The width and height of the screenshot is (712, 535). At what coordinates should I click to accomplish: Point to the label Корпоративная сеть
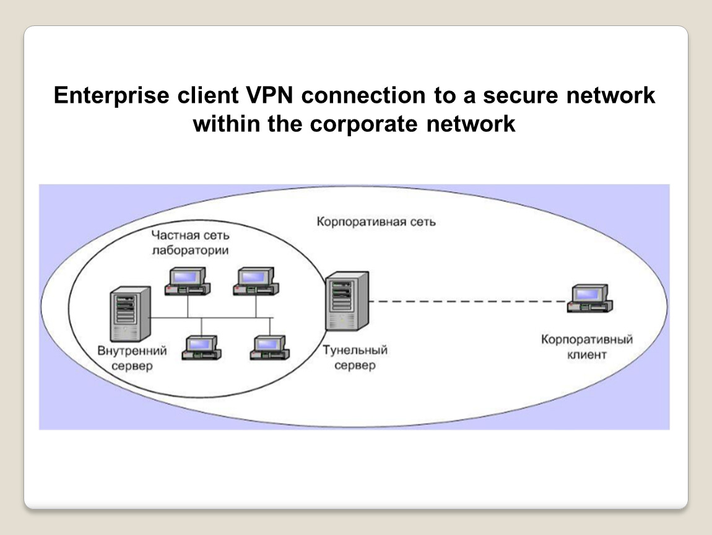point(376,221)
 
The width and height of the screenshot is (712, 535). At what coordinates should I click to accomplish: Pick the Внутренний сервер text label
point(132,359)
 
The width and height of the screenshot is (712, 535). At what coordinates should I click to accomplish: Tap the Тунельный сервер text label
point(355,358)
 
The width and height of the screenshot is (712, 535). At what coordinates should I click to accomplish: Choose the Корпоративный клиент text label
point(586,347)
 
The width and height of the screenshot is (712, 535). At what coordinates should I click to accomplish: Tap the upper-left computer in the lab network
point(187,280)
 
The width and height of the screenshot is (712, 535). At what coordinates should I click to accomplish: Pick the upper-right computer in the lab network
point(256,280)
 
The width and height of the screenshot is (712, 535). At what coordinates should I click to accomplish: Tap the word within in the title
point(227,124)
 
